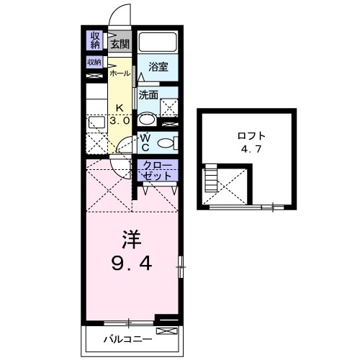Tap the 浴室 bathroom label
click(x=158, y=67)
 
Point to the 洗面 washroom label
click(x=148, y=94)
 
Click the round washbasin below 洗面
click(x=146, y=120)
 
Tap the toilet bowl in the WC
click(x=165, y=141)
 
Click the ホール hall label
click(x=120, y=73)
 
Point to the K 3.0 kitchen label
click(x=120, y=115)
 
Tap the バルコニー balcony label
click(x=127, y=338)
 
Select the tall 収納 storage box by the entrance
click(x=95, y=40)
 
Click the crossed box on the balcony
click(x=165, y=330)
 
